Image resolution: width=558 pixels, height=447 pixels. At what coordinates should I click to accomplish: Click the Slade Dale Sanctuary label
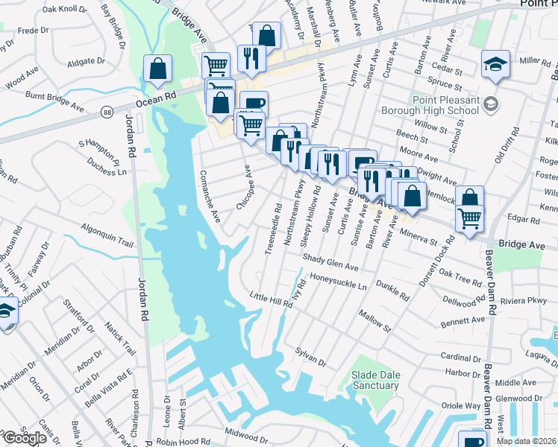[x=374, y=380]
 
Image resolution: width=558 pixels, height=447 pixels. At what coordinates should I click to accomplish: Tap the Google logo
[x=24, y=438]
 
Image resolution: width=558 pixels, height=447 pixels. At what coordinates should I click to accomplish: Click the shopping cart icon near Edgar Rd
[x=469, y=218]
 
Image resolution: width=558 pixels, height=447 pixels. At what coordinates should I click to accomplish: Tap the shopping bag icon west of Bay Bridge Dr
[x=158, y=69]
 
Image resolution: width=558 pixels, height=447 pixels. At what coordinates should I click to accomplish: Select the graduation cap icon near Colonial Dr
[x=6, y=311]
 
